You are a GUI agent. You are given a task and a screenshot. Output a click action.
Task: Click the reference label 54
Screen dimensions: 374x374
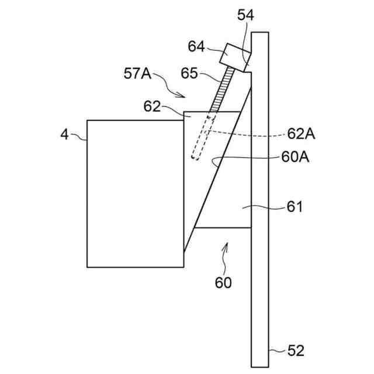coord(245,16)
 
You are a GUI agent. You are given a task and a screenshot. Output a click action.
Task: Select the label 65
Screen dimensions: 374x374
coord(189,74)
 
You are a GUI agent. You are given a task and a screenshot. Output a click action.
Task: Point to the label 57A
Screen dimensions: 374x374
coord(137,74)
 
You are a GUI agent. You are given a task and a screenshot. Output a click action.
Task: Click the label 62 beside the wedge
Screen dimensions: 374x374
coord(153,106)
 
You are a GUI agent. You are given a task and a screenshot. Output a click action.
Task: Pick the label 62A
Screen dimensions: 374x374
coord(302,134)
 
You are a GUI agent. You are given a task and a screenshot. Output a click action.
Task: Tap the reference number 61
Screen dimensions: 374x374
coord(295,206)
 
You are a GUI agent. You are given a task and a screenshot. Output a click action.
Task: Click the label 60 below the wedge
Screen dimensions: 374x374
coord(223,283)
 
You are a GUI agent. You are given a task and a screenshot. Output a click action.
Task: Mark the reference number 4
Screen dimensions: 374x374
coord(65,135)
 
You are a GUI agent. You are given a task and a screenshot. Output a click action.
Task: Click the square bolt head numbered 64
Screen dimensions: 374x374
coord(234,56)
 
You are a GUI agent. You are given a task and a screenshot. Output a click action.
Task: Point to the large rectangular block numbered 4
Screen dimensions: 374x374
coord(134,193)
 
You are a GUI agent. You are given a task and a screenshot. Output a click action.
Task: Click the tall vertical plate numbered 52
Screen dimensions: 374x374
coord(260,263)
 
